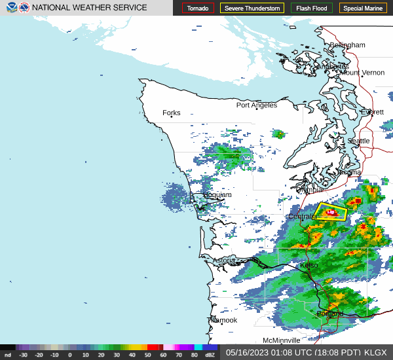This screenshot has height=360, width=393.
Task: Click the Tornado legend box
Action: (x=198, y=9)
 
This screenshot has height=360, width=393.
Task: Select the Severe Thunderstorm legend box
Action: (x=252, y=9)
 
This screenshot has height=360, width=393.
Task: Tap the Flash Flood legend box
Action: (x=312, y=9)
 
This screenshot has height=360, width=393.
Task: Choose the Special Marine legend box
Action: (x=363, y=9)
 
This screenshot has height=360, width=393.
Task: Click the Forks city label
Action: (x=171, y=113)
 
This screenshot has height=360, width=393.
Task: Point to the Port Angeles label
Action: (x=257, y=105)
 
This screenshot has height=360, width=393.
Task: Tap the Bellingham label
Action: (x=347, y=45)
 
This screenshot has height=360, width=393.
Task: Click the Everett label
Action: (x=372, y=112)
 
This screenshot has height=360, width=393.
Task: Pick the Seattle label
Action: (x=358, y=141)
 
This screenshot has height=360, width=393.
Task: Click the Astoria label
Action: (x=223, y=260)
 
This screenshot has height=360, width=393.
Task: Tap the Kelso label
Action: (x=309, y=265)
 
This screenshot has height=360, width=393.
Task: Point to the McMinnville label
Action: (x=282, y=340)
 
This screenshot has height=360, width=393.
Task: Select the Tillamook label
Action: (x=222, y=320)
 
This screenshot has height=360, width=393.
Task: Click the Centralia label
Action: (x=302, y=216)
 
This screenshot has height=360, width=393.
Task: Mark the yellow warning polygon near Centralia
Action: (x=331, y=213)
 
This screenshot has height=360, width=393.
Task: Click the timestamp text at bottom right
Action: (x=306, y=352)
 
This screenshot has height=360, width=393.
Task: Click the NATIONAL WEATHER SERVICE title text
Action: (x=89, y=7)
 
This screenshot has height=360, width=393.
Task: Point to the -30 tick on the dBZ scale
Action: (x=23, y=355)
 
